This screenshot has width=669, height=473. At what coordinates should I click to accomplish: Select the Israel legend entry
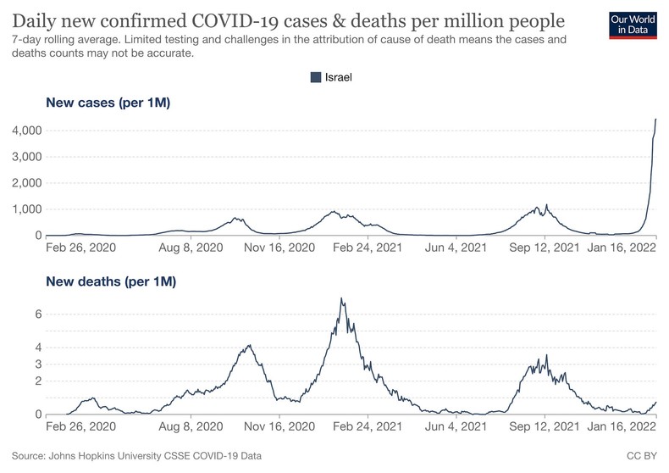click(330, 77)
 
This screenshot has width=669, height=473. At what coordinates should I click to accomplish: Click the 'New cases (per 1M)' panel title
click(108, 103)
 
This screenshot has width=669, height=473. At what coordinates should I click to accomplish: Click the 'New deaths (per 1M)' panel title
click(111, 281)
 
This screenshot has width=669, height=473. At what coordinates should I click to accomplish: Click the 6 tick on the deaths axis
click(38, 314)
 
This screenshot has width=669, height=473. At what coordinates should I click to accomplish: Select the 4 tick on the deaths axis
click(38, 348)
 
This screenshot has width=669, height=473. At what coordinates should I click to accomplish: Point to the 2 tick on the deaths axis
click(38, 381)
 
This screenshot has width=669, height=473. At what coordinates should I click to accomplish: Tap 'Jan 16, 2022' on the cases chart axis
click(621, 248)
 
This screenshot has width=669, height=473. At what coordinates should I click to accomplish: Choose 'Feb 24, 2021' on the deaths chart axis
click(368, 428)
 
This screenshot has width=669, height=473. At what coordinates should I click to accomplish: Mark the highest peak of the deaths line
click(341, 298)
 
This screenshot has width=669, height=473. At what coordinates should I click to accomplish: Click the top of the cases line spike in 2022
click(656, 120)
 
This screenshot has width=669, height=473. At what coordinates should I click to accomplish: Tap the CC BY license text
click(644, 456)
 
